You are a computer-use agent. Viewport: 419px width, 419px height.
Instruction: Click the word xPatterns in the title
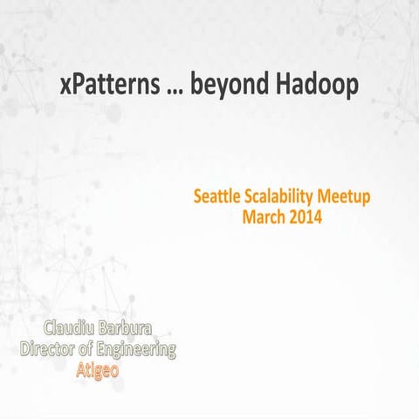pos(108,86)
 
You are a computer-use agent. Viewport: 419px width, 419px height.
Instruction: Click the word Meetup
pos(344,197)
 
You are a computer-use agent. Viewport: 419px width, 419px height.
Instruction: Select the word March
pos(264,216)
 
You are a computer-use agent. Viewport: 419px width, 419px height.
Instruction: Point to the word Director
pos(52,349)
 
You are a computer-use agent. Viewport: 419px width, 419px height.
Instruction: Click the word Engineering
pos(136,350)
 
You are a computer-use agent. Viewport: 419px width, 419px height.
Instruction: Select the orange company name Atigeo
pos(98,369)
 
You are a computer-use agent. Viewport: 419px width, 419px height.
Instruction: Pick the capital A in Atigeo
pos(80,369)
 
